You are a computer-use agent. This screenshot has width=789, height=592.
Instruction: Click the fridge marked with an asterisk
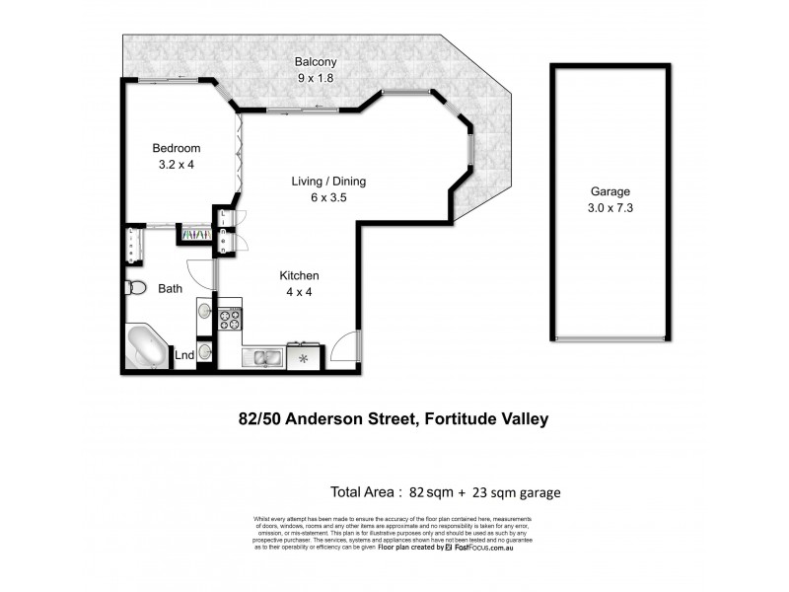click(x=304, y=356)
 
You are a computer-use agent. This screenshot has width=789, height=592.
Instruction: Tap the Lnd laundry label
click(x=184, y=355)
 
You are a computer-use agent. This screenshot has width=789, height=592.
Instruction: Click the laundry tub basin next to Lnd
click(x=204, y=350)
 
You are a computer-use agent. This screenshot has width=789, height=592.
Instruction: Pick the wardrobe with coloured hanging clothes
click(x=194, y=235)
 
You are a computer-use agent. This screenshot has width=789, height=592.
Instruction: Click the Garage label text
click(x=610, y=191)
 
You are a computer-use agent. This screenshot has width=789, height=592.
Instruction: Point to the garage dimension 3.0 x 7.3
click(x=610, y=208)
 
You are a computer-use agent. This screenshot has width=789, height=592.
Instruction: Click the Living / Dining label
click(x=328, y=181)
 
